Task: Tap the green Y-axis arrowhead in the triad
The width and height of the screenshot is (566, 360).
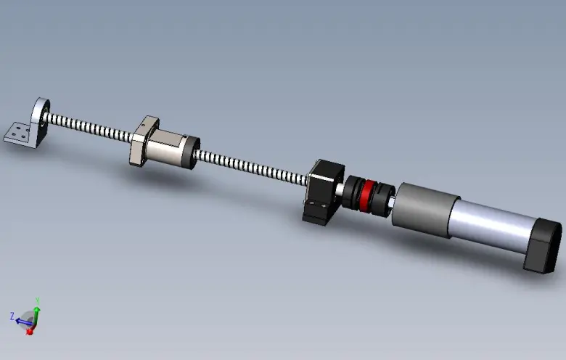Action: [x=37, y=309]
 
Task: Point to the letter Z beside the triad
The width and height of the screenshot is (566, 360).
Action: [x=12, y=316]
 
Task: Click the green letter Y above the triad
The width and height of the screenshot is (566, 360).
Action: [x=37, y=300]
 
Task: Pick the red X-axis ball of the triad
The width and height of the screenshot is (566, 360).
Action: [x=30, y=331]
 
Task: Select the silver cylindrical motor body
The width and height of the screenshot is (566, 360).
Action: [x=491, y=224]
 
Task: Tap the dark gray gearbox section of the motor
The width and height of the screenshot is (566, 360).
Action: [x=424, y=210]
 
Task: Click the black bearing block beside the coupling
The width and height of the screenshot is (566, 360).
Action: [x=324, y=192]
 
